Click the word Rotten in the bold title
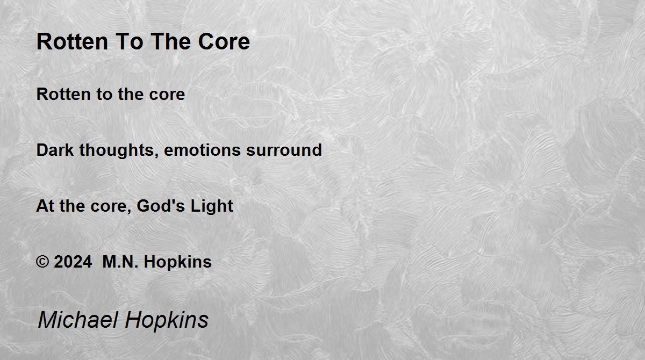point(72,41)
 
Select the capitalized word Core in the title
point(224,41)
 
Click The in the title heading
point(171,41)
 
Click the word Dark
point(55,150)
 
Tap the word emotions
point(203,150)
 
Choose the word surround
point(284,150)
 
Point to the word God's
point(161,206)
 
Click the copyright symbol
point(42,262)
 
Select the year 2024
point(73,262)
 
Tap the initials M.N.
point(120,262)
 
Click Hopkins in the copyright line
point(178,262)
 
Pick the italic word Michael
point(78,319)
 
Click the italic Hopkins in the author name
point(167,321)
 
